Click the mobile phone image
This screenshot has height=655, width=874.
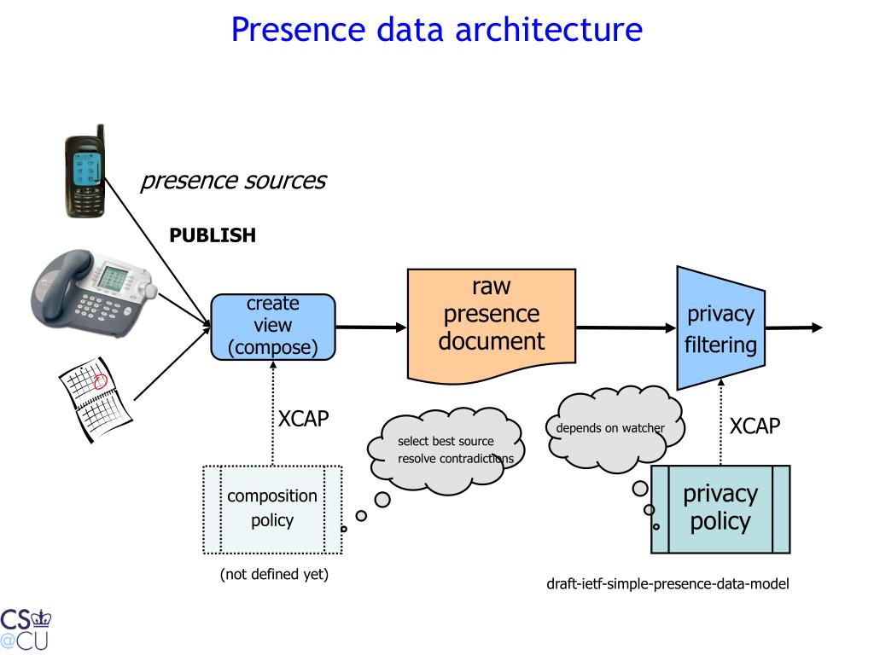pyautogui.click(x=84, y=171)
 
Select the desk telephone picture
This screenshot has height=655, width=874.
pyautogui.click(x=94, y=292)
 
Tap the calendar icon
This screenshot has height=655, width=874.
pyautogui.click(x=96, y=399)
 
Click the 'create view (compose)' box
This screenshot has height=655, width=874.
pyautogui.click(x=273, y=327)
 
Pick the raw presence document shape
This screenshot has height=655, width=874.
pyautogui.click(x=492, y=326)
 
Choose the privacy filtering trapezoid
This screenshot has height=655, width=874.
pyautogui.click(x=720, y=328)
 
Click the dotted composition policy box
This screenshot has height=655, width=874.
pyautogui.click(x=272, y=509)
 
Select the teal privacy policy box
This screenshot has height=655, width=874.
pyautogui.click(x=720, y=509)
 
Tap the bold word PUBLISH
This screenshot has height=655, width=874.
pyautogui.click(x=213, y=235)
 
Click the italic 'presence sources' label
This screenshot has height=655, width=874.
pyautogui.click(x=234, y=181)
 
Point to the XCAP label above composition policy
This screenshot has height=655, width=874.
pyautogui.click(x=303, y=418)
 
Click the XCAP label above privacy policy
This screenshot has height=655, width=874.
pyautogui.click(x=755, y=426)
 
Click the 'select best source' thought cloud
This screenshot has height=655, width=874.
pyautogui.click(x=446, y=450)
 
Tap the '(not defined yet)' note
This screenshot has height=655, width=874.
pyautogui.click(x=274, y=574)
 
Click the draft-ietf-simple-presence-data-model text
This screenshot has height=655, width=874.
pyautogui.click(x=667, y=583)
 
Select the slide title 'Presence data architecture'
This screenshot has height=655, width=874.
pyautogui.click(x=437, y=29)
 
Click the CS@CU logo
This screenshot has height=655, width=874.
pyautogui.click(x=25, y=629)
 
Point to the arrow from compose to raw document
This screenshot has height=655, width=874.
pyautogui.click(x=371, y=327)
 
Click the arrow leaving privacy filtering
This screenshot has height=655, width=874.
pyautogui.click(x=794, y=327)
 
